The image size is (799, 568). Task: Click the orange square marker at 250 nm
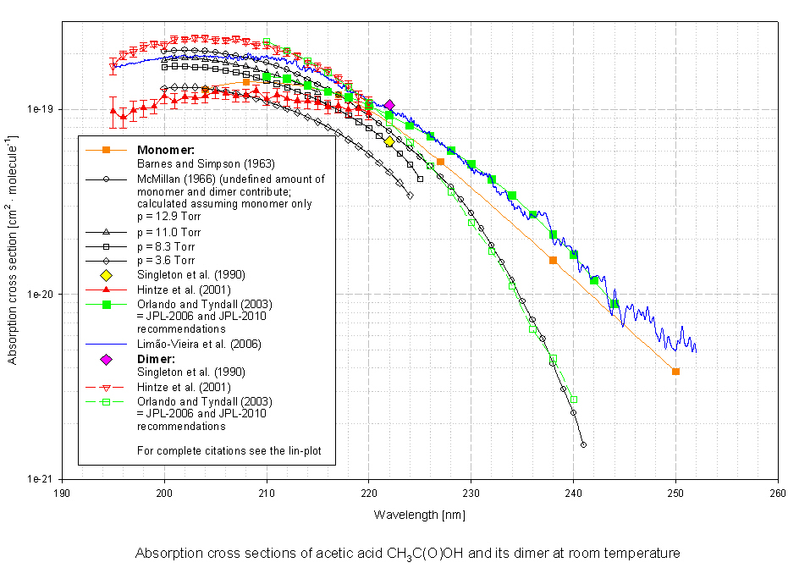(675, 372)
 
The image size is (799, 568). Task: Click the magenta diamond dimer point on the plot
(389, 104)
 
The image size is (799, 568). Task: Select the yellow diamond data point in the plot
(389, 141)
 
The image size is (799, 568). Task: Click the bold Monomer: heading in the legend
(161, 150)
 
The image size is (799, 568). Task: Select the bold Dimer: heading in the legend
(155, 359)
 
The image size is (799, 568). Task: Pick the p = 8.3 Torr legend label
(169, 246)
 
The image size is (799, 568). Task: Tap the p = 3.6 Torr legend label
(169, 261)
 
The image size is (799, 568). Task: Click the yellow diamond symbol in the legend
(106, 275)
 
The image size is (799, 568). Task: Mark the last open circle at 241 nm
(583, 444)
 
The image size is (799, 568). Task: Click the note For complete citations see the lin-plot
(222, 450)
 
